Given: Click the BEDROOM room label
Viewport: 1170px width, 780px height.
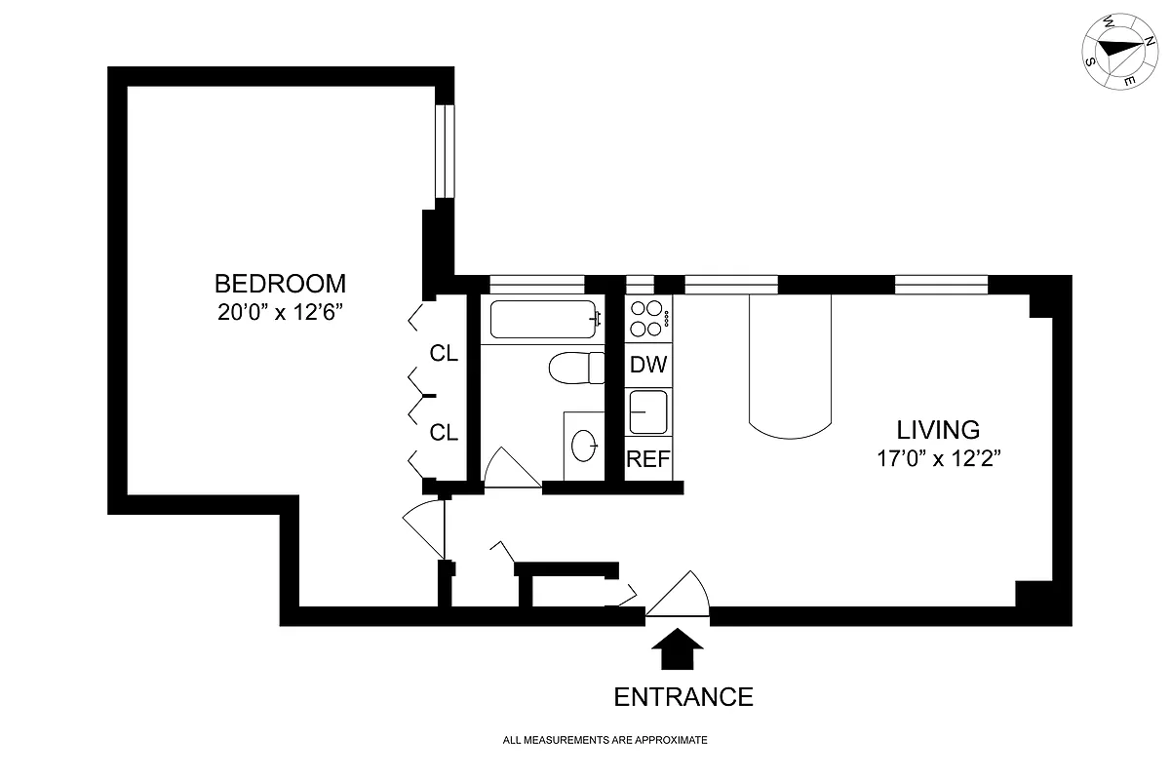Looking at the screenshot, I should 280,284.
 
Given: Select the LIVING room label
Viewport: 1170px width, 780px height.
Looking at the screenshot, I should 938,430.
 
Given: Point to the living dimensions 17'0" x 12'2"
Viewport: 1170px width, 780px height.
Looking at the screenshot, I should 938,459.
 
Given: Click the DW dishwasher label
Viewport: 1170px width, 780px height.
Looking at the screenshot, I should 648,366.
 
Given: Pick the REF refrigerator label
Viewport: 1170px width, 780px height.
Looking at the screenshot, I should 648,459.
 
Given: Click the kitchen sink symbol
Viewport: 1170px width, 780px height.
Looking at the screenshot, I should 647,411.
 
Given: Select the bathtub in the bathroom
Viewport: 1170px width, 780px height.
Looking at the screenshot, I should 543,320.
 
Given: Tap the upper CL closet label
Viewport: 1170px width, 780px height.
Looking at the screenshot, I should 445,354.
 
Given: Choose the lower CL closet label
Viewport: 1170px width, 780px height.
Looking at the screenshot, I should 445,433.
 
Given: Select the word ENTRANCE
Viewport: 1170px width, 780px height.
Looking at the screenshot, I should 682,697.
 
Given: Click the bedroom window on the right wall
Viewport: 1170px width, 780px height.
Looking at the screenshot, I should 445,151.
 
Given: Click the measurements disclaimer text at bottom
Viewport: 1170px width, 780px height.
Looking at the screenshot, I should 604,741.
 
